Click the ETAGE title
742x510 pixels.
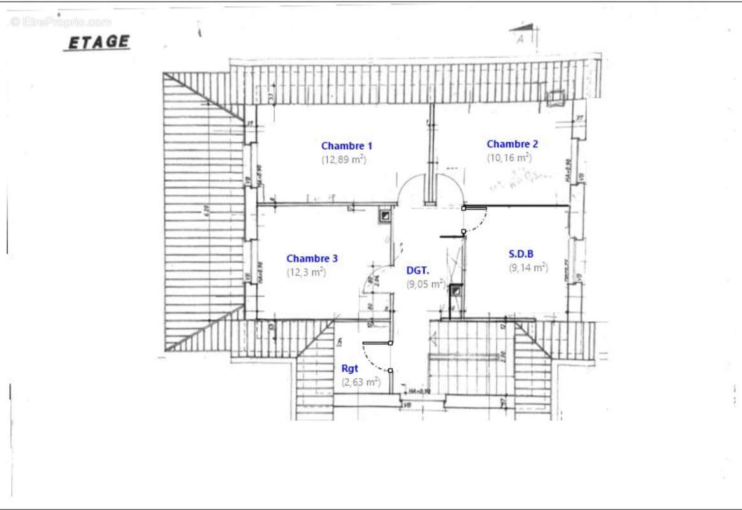98,43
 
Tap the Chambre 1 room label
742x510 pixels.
347,146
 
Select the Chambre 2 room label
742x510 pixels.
512,144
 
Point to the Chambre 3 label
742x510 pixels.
312,258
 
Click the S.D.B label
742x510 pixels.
521,254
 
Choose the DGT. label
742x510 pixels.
418,270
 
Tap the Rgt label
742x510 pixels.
349,368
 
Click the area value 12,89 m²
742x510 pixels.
344,160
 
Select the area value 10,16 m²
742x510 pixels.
509,157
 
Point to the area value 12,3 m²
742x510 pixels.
306,272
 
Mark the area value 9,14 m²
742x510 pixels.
528,268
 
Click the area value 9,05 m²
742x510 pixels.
426,284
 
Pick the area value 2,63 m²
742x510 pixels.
361,382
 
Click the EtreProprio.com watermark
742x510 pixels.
61,22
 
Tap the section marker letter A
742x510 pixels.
521,39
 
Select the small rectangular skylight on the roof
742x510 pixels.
556,97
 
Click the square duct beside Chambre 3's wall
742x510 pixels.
385,215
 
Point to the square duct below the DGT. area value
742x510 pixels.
456,291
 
